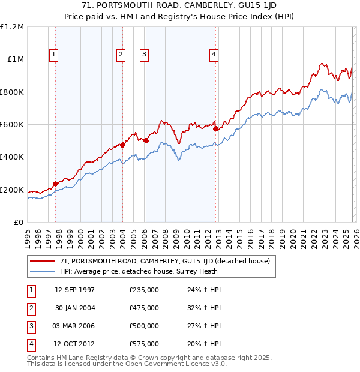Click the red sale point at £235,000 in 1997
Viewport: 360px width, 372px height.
(x=56, y=184)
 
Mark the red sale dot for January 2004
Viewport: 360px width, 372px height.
(x=122, y=145)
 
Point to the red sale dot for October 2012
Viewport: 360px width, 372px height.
(x=215, y=128)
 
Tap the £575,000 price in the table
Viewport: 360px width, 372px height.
(x=144, y=344)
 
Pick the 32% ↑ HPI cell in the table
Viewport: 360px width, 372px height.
(x=204, y=308)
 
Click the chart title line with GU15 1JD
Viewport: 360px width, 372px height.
(x=180, y=9)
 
